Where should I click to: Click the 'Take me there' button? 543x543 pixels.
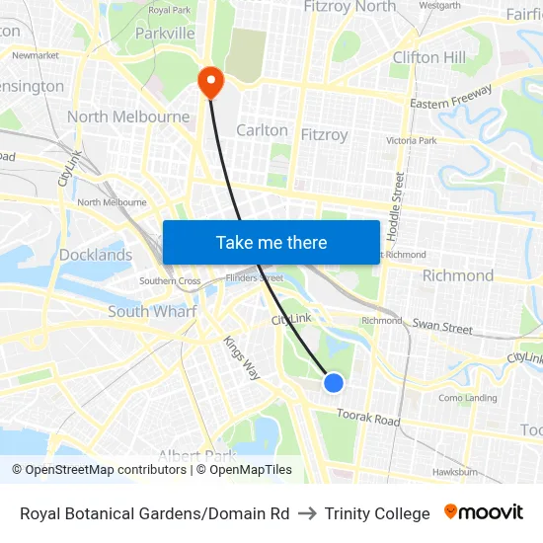click(271, 242)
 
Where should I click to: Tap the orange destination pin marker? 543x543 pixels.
click(210, 81)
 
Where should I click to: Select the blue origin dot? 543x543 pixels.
click(334, 382)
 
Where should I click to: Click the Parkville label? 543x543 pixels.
click(165, 34)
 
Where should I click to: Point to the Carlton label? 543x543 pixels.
click(262, 130)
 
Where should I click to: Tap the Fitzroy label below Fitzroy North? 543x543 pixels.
click(324, 134)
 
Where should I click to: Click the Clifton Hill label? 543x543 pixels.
click(429, 57)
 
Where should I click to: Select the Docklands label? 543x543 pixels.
click(96, 255)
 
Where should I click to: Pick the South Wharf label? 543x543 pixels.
click(152, 311)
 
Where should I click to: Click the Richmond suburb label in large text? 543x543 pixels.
click(457, 275)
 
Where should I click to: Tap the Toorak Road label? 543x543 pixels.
click(368, 418)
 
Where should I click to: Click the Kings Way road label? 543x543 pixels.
click(241, 358)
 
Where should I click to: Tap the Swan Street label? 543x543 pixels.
click(442, 326)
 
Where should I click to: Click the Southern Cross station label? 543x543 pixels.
click(170, 281)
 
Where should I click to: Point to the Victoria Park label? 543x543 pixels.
click(411, 141)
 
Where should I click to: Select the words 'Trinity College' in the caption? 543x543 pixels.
click(377, 513)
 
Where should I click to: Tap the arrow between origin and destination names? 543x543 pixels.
click(307, 513)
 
